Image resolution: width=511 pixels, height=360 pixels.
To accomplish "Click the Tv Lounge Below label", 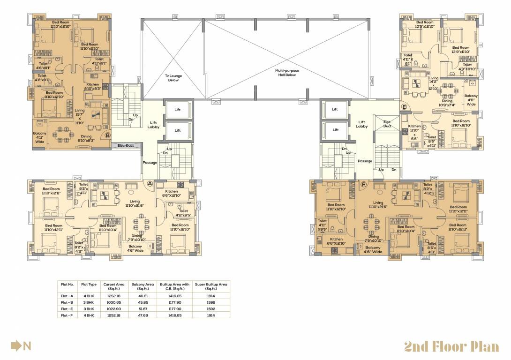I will (173, 78).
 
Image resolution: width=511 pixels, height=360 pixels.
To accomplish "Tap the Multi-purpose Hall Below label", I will (287, 73).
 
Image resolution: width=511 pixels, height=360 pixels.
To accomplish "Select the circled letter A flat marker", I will (150, 184).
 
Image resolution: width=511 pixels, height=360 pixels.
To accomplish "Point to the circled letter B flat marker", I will (107, 135).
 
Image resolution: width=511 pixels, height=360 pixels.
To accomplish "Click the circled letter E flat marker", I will (404, 107).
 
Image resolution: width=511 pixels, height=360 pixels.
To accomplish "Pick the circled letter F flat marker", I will (363, 185).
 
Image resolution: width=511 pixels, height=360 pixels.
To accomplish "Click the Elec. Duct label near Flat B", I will (126, 145).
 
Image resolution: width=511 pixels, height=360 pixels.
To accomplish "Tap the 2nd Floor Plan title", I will (451, 346).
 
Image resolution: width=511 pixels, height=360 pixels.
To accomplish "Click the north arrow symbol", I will (17, 346).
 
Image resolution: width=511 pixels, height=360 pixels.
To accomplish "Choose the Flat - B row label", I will (68, 303).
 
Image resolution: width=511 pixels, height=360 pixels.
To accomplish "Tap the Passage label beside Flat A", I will (150, 163).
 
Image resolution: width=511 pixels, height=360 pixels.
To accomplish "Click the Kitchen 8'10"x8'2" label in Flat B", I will (92, 86).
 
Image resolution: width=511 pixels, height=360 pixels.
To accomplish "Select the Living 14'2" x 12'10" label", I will (434, 83).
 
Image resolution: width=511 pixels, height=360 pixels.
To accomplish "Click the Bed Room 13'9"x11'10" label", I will (460, 50).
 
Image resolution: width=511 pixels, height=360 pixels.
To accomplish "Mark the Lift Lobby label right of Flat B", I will (154, 125).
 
